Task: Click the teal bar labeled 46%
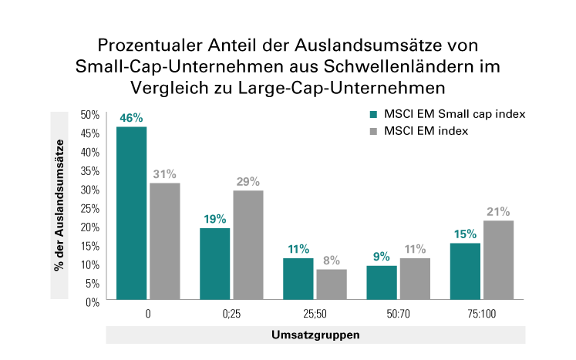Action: [x=131, y=214]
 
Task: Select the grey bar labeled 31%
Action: [x=164, y=242]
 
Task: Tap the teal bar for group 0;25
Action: [x=215, y=264]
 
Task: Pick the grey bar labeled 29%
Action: [x=248, y=246]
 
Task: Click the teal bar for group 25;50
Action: [x=298, y=280]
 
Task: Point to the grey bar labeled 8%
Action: [x=331, y=285]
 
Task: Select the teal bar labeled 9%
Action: [x=381, y=284]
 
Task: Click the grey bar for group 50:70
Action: [x=414, y=280]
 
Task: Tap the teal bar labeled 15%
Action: [x=465, y=272]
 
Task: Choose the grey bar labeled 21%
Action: [x=498, y=261]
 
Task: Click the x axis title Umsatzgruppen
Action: [x=315, y=336]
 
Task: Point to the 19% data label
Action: [x=215, y=218]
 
